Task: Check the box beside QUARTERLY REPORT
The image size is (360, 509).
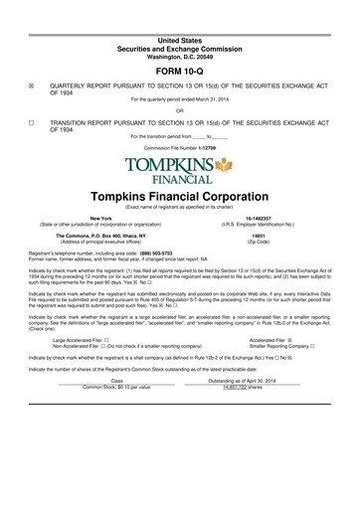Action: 33,86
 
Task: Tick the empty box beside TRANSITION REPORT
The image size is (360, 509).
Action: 33,123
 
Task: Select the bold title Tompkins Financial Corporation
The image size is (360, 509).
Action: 180,199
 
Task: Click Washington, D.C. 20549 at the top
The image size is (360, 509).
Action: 180,54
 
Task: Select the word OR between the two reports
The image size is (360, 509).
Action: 180,110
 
